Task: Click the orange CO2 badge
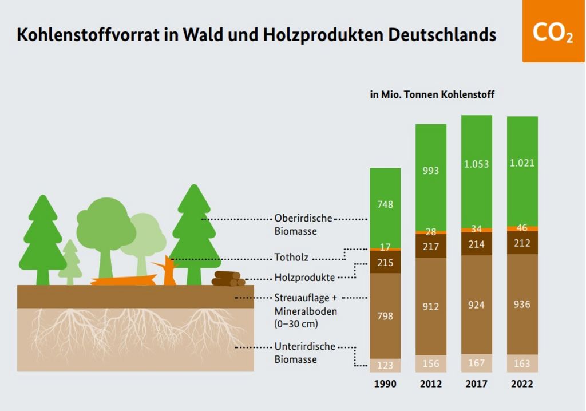click(x=553, y=31)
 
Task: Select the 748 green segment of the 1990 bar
click(x=385, y=204)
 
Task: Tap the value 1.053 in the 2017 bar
click(x=476, y=164)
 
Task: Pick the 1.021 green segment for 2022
click(x=522, y=163)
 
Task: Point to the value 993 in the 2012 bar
click(x=431, y=171)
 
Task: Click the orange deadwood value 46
click(x=522, y=228)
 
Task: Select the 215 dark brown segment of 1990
click(x=385, y=263)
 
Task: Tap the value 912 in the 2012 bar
click(x=431, y=307)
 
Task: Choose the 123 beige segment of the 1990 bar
click(x=385, y=365)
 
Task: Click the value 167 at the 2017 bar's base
click(x=476, y=363)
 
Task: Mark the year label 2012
click(x=431, y=384)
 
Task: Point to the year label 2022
click(x=522, y=384)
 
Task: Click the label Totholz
click(x=291, y=258)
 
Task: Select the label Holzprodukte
click(x=304, y=278)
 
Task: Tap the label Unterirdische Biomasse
click(x=304, y=353)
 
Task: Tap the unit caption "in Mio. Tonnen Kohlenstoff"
click(x=432, y=95)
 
